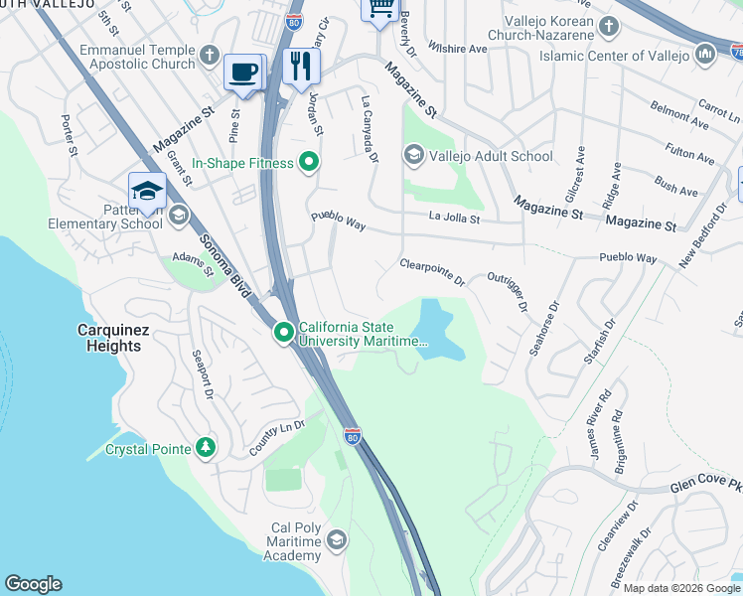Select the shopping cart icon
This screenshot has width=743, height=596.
pos(379,9)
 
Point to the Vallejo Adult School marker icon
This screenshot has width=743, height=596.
pos(414,155)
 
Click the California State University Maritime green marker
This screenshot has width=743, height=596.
pos(284,333)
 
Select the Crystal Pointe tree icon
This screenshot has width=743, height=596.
pos(206,448)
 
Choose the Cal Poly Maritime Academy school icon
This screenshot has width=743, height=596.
pos(337,539)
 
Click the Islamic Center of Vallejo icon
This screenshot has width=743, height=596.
pos(706,53)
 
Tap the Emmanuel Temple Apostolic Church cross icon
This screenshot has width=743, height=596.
pos(209,56)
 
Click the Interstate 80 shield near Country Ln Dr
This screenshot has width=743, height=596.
pos(352,435)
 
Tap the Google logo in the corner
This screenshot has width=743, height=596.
pos(33,584)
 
